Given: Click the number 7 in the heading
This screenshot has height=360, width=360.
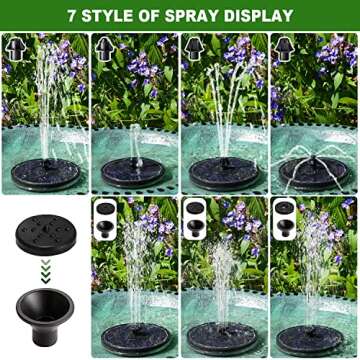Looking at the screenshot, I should tap(72, 16).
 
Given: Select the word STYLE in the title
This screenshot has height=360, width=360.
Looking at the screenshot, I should tap(112, 16).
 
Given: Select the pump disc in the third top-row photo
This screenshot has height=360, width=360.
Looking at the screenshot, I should tap(222, 172).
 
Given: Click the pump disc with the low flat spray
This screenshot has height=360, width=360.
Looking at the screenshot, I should tap(312, 171).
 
